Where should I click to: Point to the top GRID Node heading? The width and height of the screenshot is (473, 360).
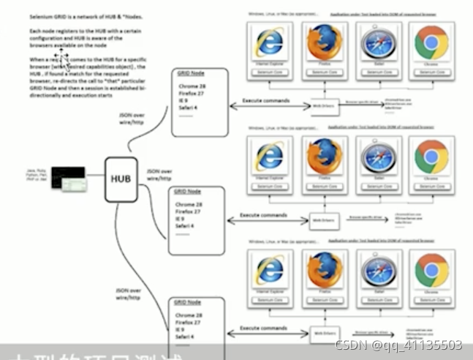189,75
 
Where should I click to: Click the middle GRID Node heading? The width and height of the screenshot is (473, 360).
187,192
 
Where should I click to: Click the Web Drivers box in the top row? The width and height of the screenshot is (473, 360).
322,107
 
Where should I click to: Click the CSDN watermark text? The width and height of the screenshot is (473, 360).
398,345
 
